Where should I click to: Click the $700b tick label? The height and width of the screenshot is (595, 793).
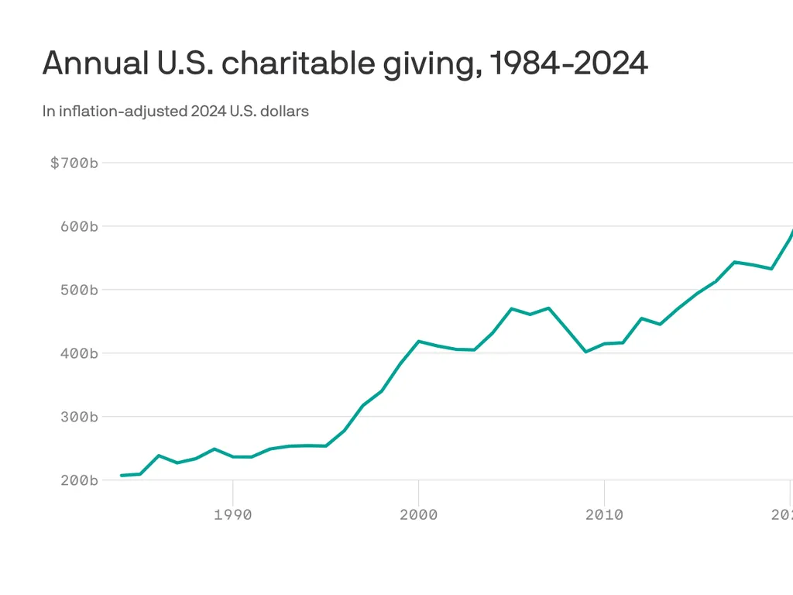[x=74, y=163]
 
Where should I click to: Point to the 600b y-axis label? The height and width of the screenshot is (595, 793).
[x=80, y=227]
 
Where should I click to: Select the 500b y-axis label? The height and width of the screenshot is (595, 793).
[x=80, y=291]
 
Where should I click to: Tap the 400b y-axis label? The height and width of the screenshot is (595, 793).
[x=80, y=353]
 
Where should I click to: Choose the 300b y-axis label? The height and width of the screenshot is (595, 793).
[x=80, y=417]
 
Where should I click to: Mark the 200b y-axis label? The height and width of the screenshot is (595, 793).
[x=80, y=480]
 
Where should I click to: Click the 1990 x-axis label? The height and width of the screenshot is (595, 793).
[x=233, y=515]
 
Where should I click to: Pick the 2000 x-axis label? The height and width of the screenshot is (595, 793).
[x=419, y=515]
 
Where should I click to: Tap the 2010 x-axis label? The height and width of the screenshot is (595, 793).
[x=604, y=515]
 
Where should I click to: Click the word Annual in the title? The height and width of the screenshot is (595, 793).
[x=91, y=64]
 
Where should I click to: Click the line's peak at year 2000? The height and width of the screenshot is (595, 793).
[x=419, y=341]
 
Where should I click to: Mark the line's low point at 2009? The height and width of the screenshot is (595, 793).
[x=585, y=352]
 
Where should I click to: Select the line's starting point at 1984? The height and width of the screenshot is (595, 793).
[x=122, y=475]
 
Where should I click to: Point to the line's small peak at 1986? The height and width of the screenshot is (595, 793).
[x=159, y=456]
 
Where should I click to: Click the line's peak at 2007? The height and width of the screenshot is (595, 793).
[x=548, y=308]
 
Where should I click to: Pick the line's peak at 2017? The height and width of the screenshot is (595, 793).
[x=734, y=262]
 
